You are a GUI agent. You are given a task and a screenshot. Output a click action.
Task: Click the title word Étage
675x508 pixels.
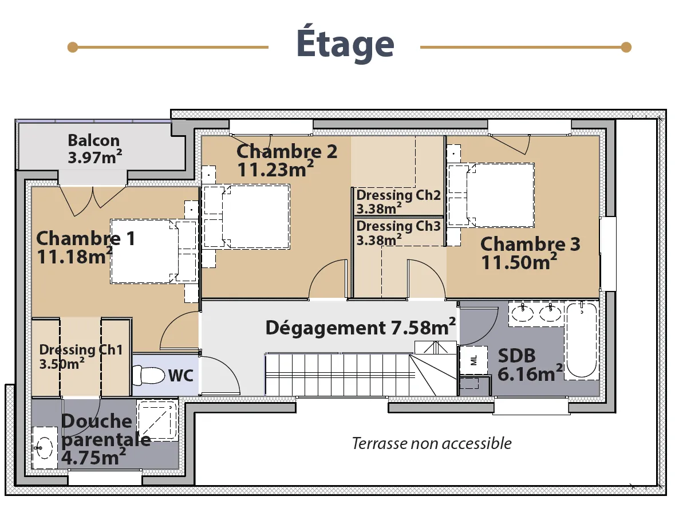point(345,42)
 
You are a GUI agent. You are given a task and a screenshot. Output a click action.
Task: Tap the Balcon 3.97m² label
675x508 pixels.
point(94,149)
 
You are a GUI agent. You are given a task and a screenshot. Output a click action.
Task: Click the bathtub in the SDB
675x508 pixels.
point(582,341)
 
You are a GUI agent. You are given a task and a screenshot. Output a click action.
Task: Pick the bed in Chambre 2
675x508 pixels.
point(246,216)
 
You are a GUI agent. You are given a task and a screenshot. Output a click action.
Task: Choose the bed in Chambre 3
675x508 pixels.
point(491,195)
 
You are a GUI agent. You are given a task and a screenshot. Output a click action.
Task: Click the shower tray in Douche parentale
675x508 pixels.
point(157,420)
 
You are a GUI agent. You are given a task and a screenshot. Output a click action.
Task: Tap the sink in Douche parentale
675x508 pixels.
point(45,448)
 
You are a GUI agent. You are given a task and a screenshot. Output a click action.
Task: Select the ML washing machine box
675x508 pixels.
point(473,360)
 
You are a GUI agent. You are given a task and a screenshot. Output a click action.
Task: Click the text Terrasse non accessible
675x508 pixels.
point(432,443)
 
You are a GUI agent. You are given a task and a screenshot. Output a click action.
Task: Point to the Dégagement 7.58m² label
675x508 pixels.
point(361,327)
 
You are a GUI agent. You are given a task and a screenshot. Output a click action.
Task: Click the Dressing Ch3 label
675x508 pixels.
point(398,226)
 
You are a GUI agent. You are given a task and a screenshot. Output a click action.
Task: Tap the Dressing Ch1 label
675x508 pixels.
point(81,349)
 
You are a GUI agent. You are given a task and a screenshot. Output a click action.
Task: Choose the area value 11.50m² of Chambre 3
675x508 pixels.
point(519,262)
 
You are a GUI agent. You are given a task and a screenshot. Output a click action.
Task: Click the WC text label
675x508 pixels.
point(180,375)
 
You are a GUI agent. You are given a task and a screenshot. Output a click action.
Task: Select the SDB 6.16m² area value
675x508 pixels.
point(530,373)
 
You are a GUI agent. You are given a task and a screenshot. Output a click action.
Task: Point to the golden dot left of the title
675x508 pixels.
point(73,47)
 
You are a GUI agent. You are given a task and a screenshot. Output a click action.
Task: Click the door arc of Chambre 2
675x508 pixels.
point(322,269)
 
